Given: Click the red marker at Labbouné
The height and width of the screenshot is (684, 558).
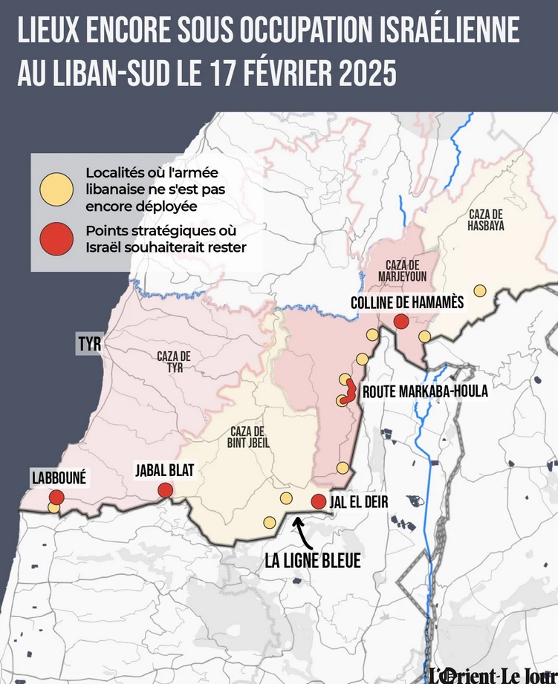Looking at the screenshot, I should (56, 497).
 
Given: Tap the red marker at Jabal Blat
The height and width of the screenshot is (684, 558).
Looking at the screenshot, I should (166, 490).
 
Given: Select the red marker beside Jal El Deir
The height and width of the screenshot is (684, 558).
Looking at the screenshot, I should (318, 501).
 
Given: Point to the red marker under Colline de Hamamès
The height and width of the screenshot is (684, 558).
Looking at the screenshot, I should (400, 321).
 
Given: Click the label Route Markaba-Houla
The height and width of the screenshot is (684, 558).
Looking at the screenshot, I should (424, 391).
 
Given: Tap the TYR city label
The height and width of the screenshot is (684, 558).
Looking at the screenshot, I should (88, 345).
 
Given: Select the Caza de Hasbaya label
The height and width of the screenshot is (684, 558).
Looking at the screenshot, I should (487, 220).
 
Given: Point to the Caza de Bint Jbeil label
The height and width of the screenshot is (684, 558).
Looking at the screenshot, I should (249, 438).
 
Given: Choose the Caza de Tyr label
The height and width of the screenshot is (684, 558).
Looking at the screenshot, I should (173, 362).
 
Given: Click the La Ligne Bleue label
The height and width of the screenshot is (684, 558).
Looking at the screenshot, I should (312, 561).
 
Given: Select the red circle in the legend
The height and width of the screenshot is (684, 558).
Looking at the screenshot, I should (56, 238).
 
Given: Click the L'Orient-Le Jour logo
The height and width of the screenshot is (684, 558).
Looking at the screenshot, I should (493, 673).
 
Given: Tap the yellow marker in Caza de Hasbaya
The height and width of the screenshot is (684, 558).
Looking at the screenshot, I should (480, 290).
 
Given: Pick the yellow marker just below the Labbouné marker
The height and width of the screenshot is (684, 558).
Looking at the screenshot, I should (53, 508).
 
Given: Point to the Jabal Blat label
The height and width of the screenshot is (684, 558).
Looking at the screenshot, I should (165, 469).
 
